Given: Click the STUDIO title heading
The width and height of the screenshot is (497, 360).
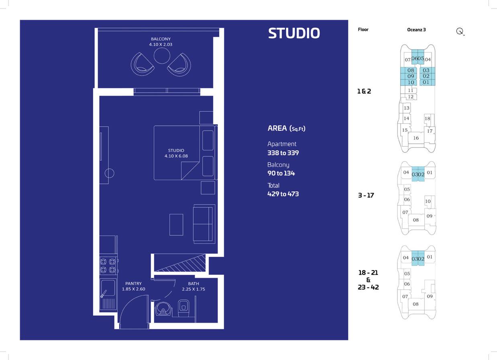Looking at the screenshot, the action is tap(294, 33).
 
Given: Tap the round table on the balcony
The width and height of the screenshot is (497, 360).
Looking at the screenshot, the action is tap(162, 56).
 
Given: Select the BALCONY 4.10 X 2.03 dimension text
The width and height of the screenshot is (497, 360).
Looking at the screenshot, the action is tap(161, 42).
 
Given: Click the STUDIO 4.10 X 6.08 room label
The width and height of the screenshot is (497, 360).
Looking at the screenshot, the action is tap(176, 153).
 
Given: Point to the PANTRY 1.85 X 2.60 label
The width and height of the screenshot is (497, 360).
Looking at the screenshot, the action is tap(133, 286).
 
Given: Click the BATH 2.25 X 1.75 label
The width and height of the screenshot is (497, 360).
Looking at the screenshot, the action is tap(194, 286).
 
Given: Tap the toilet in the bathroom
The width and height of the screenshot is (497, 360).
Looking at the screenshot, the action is tap(184, 308).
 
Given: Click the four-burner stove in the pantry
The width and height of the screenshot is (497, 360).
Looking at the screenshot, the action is tap(108, 266).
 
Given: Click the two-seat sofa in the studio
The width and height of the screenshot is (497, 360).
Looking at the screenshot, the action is tap(204, 224).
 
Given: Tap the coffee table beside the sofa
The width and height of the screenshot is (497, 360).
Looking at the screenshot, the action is tap(176, 225).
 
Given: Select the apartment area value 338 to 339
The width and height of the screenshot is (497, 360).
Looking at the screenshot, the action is tap(283, 153).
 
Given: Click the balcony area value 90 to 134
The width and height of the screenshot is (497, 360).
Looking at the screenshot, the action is tap(281, 173).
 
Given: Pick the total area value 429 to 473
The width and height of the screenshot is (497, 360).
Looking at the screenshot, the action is tap(283, 194).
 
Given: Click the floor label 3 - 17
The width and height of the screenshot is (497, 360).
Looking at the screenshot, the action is tap(366, 195).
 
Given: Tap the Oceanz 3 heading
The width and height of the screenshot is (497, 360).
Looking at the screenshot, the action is tap(416, 30).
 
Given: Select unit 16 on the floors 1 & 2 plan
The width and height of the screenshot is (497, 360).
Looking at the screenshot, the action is tap(416, 138).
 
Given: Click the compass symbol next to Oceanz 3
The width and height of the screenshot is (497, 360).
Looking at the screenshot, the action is tap(460, 31).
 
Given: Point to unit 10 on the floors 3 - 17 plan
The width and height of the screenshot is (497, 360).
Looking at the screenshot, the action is tap(428, 201).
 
